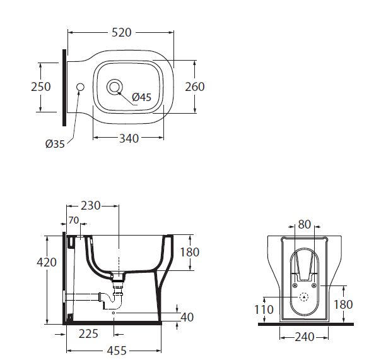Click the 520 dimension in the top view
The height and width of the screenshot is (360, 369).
coord(122,32)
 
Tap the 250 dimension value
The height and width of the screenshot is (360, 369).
coord(41,87)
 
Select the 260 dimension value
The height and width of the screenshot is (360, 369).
coord(195,87)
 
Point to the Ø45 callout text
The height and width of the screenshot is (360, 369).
coord(141,97)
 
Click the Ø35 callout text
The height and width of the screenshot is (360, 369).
coord(55,144)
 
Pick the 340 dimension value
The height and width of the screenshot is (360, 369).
coord(129,138)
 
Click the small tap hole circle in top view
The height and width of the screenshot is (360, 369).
coord(80,87)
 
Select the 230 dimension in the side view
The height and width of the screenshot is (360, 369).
coord(91,206)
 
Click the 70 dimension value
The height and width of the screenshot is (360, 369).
coord(74,220)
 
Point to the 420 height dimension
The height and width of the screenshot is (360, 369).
coord(47,262)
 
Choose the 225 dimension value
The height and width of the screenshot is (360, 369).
coord(88,334)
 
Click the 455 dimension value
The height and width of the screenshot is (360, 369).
coord(117,351)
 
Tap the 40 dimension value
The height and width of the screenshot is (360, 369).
coord(187,317)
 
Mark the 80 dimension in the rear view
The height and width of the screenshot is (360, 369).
coord(305,225)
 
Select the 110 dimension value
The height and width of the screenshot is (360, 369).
coord(264,309)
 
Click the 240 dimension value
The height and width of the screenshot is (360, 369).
coord(305,337)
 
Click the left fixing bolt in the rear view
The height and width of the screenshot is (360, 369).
coord(295,285)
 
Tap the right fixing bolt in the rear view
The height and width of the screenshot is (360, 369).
coord(313,285)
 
